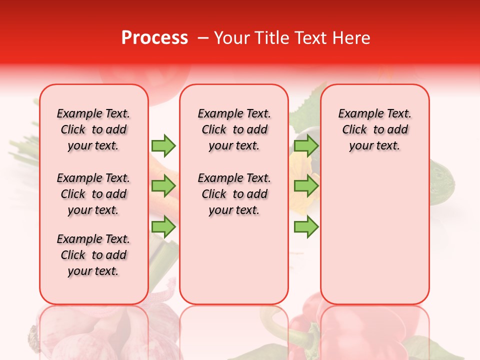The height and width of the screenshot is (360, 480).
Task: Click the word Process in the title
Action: (x=154, y=38)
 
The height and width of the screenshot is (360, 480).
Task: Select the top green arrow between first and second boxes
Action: (x=163, y=145)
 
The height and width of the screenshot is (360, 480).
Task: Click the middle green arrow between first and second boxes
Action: (x=163, y=186)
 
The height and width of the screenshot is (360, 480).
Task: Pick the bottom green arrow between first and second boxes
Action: (x=163, y=227)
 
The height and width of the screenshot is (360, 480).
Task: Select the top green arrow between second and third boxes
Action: (x=306, y=145)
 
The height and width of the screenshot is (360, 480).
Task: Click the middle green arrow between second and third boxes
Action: (x=306, y=186)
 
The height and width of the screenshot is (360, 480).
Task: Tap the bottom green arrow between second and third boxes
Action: (x=306, y=227)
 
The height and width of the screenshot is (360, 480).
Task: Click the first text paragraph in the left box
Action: (x=93, y=129)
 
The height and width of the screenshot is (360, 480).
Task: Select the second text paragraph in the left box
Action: (x=93, y=194)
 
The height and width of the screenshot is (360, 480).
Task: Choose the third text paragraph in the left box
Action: (x=93, y=255)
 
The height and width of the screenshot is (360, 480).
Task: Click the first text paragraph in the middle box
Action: (x=234, y=129)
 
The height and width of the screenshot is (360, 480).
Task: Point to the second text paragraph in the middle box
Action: (x=234, y=194)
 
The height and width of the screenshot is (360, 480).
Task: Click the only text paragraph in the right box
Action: (x=375, y=129)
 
